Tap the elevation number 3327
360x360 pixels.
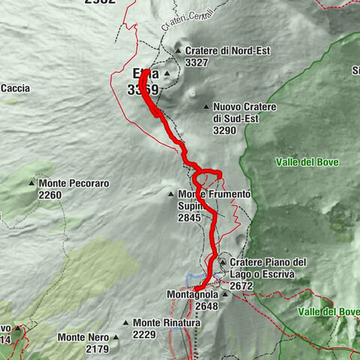[x=196, y=63]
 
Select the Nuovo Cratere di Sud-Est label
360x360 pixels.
[x=244, y=112]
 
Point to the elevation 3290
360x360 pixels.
[x=224, y=130]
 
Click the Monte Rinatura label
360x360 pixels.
[x=167, y=323]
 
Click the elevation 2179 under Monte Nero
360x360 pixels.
[x=97, y=349]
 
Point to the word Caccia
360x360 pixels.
[x=16, y=88]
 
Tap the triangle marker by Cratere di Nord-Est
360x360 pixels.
[x=178, y=51]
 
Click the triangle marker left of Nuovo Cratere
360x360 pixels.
[x=204, y=107]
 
